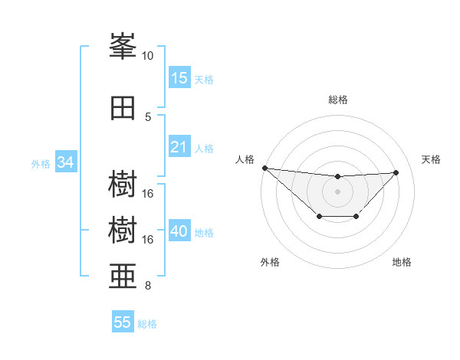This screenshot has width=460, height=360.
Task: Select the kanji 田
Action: tap(123, 108)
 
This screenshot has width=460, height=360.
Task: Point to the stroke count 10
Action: tap(147, 56)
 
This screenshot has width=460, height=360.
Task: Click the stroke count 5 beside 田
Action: tap(148, 116)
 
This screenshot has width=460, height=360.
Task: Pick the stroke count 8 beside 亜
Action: tap(148, 286)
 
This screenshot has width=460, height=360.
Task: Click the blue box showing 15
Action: tap(179, 78)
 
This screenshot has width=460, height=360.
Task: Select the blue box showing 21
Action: tap(179, 147)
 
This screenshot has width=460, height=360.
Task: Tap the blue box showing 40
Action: tap(179, 231)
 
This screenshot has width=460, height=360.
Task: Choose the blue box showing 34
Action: tap(65, 162)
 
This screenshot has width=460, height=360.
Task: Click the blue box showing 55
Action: tap(123, 322)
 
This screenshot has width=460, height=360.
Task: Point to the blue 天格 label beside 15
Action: tap(204, 79)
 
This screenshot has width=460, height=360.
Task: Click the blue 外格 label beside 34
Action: tap(41, 163)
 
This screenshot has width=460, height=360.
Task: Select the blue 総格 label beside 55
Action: tap(147, 323)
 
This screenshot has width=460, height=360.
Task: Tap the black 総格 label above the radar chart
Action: tap(337, 100)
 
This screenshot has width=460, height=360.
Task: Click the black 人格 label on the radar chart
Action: tap(245, 159)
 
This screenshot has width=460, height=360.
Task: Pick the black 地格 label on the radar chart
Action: tap(402, 262)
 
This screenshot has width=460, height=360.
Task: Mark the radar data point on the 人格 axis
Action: tap(264, 167)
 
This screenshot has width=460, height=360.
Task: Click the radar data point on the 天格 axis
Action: tap(396, 172)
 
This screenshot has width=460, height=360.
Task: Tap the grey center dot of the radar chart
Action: tap(337, 191)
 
